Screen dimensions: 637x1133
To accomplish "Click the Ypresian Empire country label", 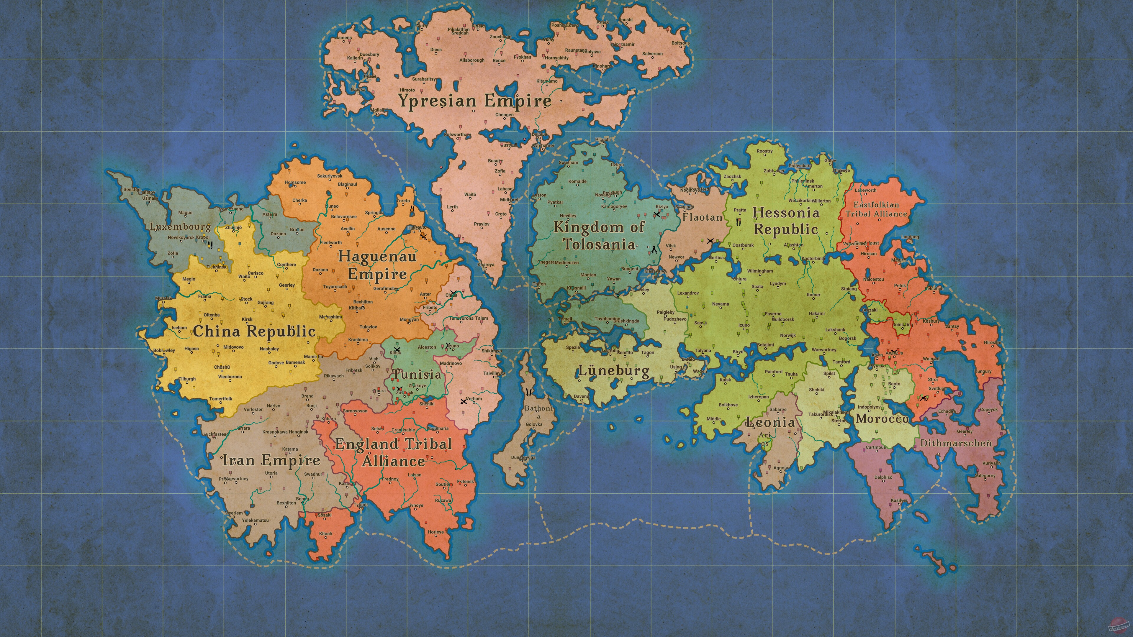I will tap(474, 101).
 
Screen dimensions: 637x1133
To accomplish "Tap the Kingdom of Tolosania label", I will tap(599, 236).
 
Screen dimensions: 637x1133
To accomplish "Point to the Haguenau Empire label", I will tap(377, 265).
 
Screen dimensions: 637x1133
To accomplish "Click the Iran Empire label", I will tap(271, 461).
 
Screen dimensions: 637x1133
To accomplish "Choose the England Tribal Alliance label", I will tap(393, 452).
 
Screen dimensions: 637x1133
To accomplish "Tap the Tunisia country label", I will tap(416, 375).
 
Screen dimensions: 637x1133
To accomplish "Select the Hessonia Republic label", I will tap(786, 221).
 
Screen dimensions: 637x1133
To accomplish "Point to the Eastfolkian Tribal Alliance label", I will tap(876, 209).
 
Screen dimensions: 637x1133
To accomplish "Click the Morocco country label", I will tap(882, 418).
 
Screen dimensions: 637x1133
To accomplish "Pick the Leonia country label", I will tap(771, 423).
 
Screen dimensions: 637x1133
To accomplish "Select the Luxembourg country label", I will tap(180, 227).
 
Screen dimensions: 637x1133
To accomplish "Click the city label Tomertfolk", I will tap(220, 399).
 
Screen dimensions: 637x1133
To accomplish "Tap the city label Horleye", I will tap(435, 532).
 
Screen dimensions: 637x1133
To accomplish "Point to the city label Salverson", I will tap(652, 54).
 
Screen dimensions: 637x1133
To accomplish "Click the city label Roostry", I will tap(764, 151).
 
